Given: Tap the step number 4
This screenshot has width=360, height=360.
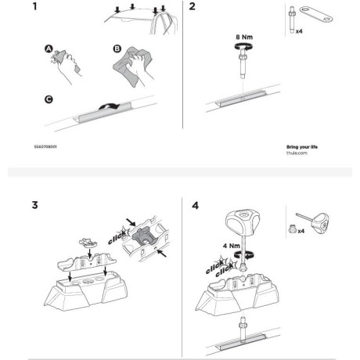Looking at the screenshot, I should [x=195, y=206].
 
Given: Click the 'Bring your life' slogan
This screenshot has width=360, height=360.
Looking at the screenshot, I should [x=304, y=146].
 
